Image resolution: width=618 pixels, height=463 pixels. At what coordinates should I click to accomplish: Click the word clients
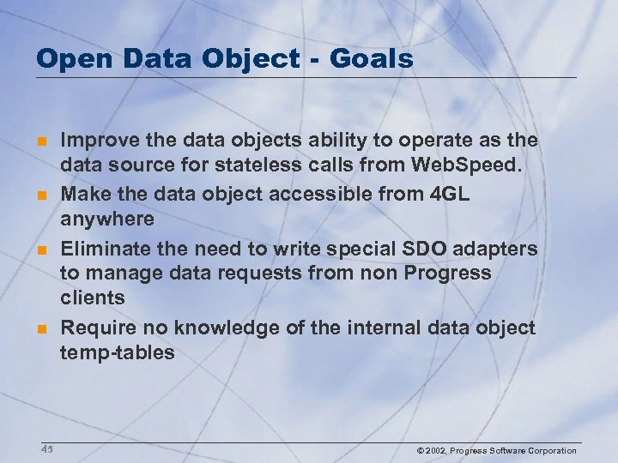point(92,298)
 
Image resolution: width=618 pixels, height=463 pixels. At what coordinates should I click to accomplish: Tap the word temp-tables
point(117,352)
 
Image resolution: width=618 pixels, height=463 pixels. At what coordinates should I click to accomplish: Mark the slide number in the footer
point(46,449)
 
